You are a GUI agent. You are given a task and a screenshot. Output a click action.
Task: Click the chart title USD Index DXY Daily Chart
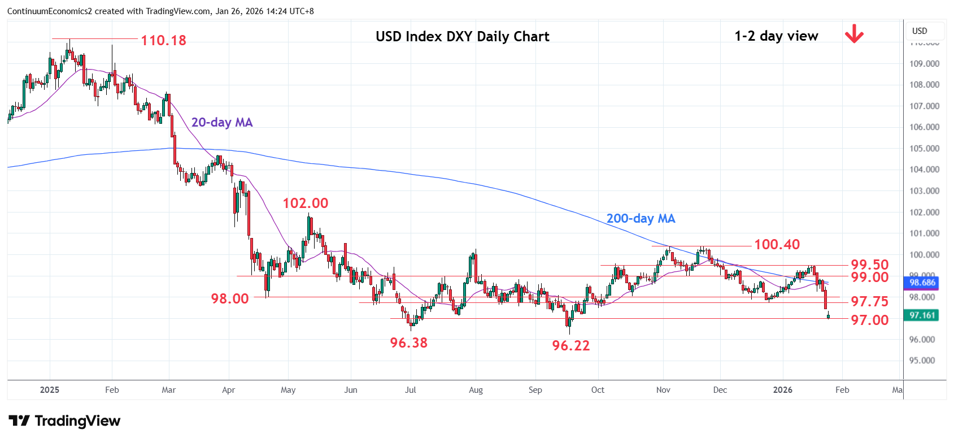462,37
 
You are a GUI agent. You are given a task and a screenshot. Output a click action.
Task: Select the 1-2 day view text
776,36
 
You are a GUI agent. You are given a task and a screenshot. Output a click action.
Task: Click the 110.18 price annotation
163,41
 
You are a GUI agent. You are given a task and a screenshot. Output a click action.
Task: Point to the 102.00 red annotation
305,203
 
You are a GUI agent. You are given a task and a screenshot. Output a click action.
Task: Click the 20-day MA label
222,123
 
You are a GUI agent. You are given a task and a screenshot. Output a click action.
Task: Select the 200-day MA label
641,219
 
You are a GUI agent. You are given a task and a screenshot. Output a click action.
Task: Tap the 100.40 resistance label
777,245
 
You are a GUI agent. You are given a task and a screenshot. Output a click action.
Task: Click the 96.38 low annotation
408,343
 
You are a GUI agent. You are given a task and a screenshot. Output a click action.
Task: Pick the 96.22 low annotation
570,346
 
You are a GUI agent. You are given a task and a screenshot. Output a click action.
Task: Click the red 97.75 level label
869,302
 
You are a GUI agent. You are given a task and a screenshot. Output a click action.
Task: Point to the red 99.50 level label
869,265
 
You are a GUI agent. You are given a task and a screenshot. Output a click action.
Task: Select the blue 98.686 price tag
922,283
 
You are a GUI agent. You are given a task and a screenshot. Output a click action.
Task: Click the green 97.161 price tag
922,315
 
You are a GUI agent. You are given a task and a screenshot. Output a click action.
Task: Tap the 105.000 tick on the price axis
924,149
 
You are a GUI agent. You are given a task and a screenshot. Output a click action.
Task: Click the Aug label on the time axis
476,390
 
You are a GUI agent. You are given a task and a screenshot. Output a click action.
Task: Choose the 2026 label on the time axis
782,390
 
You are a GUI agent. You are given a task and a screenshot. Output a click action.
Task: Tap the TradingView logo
65,421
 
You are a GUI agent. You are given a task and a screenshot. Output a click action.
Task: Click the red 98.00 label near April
229,299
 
